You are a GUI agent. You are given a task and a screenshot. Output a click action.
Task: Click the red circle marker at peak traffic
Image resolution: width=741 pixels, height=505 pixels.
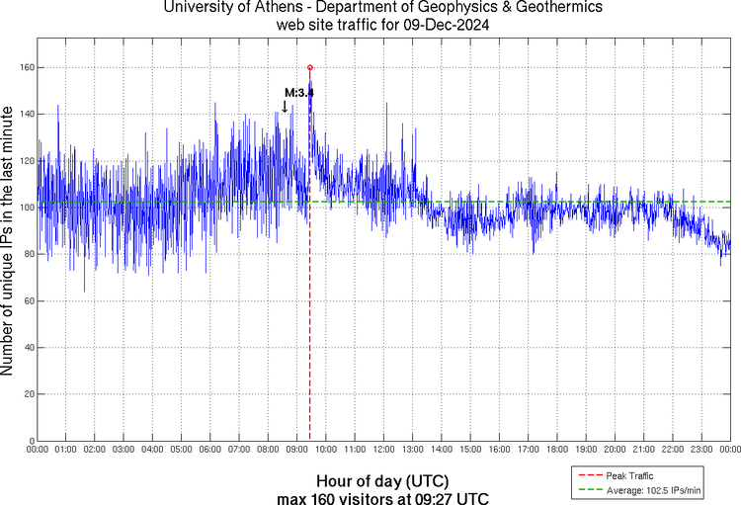point(310,67)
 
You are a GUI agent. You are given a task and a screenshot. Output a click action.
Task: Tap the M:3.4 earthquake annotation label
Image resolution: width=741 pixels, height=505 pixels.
point(298,93)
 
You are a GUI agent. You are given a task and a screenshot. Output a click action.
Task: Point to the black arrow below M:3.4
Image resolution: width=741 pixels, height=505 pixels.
point(286,107)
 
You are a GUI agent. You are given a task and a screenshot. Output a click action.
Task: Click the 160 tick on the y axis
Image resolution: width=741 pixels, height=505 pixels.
point(24,67)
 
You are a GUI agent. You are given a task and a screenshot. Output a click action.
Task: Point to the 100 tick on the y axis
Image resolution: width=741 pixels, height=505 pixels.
point(24,208)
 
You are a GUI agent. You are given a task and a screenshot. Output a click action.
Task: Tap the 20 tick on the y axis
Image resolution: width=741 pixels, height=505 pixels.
point(27,394)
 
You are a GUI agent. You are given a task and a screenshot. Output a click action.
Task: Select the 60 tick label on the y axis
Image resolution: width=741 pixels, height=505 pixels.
point(27,300)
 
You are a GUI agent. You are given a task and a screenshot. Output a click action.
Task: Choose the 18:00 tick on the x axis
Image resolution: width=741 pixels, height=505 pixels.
point(557,451)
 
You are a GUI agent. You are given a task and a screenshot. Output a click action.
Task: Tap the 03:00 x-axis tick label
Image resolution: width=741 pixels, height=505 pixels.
point(123,451)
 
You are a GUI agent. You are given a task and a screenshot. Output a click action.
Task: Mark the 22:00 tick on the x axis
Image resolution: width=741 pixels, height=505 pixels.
point(673,451)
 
